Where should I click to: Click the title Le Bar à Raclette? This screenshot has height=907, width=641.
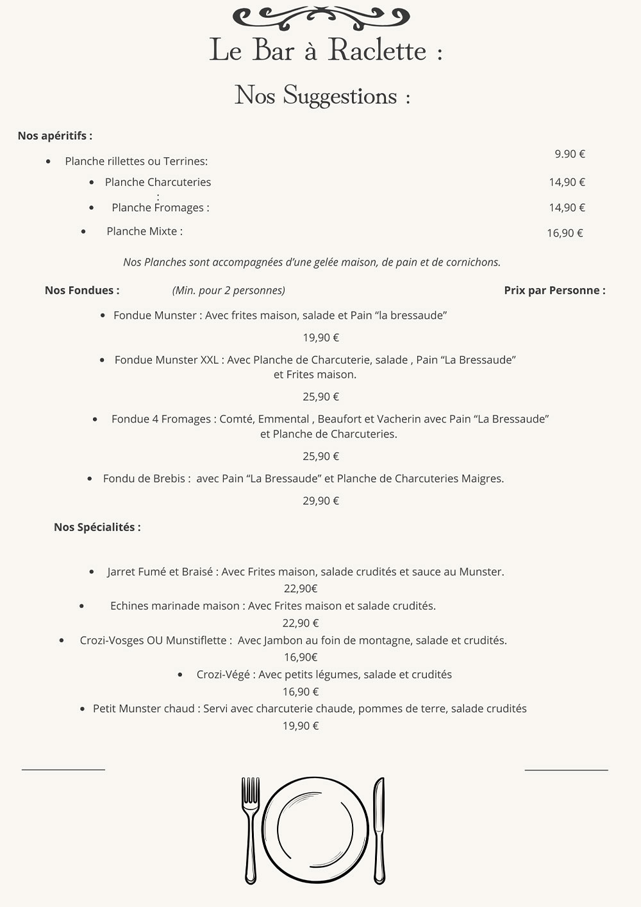point(325,50)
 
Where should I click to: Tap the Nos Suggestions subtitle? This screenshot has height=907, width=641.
point(322,96)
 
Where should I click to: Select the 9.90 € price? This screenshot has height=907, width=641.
point(570,154)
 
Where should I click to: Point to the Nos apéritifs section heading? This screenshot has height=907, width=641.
point(55,136)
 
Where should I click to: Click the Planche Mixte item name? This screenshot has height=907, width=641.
point(144,232)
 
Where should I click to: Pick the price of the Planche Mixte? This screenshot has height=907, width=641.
point(565,233)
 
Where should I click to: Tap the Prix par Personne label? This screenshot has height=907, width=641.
point(554,291)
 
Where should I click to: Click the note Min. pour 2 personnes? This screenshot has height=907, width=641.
point(229,291)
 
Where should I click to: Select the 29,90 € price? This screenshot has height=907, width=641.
point(321,501)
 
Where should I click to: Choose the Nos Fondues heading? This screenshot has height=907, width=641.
point(82,291)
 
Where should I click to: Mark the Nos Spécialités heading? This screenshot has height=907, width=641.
point(97,527)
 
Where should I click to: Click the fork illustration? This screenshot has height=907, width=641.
point(250,829)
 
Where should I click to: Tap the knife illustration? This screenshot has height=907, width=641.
point(379,829)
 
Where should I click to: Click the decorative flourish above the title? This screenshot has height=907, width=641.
point(320,16)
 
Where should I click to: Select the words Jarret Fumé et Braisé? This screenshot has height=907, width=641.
point(160,572)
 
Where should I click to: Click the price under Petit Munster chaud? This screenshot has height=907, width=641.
point(301,726)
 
